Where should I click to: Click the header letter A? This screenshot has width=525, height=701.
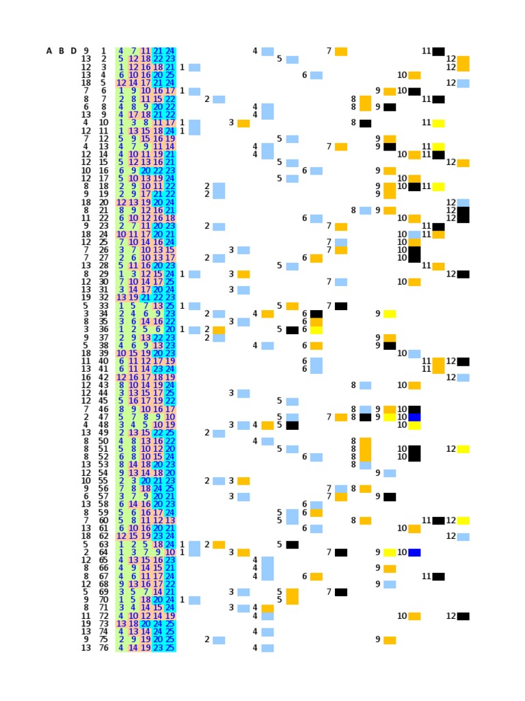pyautogui.click(x=49, y=51)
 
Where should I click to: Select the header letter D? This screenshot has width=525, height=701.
pyautogui.click(x=73, y=51)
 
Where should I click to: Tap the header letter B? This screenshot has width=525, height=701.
pyautogui.click(x=62, y=51)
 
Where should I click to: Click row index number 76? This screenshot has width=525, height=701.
pyautogui.click(x=103, y=648)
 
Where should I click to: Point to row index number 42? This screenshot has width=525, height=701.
pyautogui.click(x=103, y=377)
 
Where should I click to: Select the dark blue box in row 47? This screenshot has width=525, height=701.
pyautogui.click(x=414, y=417)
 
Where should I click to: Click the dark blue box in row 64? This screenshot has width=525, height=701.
pyautogui.click(x=414, y=552)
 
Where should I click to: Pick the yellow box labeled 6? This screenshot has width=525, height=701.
pyautogui.click(x=317, y=330)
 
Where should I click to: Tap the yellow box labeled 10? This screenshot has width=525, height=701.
pyautogui.click(x=414, y=425)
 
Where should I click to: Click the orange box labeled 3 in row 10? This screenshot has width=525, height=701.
pyautogui.click(x=243, y=123)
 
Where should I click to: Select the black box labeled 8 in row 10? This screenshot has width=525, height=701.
pyautogui.click(x=365, y=123)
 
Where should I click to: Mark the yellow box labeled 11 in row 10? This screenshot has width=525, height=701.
pyautogui.click(x=438, y=123)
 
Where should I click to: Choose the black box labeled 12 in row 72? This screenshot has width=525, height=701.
pyautogui.click(x=463, y=616)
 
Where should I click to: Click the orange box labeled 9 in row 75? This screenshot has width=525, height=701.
pyautogui.click(x=390, y=640)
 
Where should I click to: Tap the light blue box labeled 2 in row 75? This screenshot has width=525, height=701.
pyautogui.click(x=219, y=640)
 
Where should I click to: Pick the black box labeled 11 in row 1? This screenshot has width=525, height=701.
pyautogui.click(x=438, y=51)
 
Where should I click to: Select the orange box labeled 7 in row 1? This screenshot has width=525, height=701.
pyautogui.click(x=341, y=51)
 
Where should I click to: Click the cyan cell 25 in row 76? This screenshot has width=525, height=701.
pyautogui.click(x=170, y=648)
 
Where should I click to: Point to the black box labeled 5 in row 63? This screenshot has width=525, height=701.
pyautogui.click(x=292, y=545)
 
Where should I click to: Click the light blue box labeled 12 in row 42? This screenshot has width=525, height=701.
pyautogui.click(x=463, y=377)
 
